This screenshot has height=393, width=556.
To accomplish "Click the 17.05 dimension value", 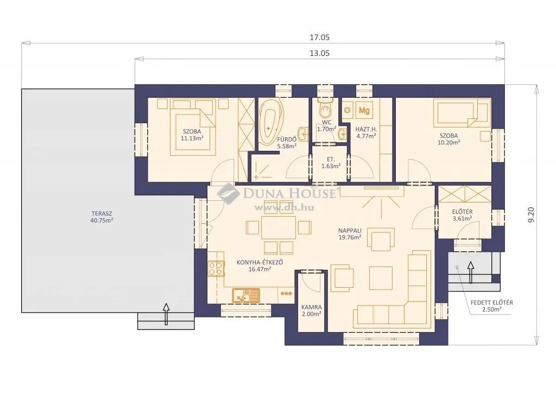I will tap(319, 37).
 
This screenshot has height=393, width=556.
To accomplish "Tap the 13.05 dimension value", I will tap(319, 53).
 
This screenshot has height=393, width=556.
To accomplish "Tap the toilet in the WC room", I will tap(325, 110).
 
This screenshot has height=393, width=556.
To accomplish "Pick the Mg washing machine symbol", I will tap(364, 110).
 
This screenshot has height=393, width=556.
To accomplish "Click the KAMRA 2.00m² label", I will tap(311, 310).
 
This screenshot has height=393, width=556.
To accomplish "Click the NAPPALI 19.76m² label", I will tap(350, 233).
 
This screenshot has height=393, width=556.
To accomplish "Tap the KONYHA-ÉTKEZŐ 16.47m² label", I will tap(260, 265).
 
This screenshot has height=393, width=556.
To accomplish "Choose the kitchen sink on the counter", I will tap(247, 295).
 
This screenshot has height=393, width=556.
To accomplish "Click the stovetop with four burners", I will tap(216, 268).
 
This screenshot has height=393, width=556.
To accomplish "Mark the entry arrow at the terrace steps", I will tap(166, 313).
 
